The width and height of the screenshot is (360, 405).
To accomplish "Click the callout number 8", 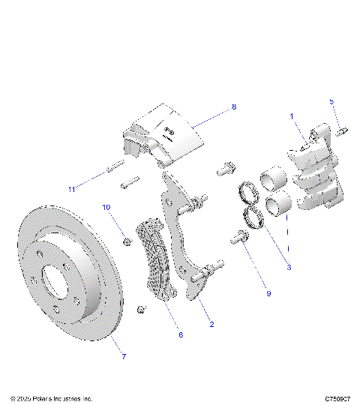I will point(233,107).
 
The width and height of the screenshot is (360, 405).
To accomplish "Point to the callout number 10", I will point(106,206).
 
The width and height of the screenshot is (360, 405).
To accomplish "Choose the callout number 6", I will point(180,335).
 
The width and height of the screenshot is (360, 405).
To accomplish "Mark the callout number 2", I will point(212,325).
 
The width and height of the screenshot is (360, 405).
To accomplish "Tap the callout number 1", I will point(292,117).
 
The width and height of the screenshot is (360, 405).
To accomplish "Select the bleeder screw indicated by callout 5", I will point(339,132).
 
